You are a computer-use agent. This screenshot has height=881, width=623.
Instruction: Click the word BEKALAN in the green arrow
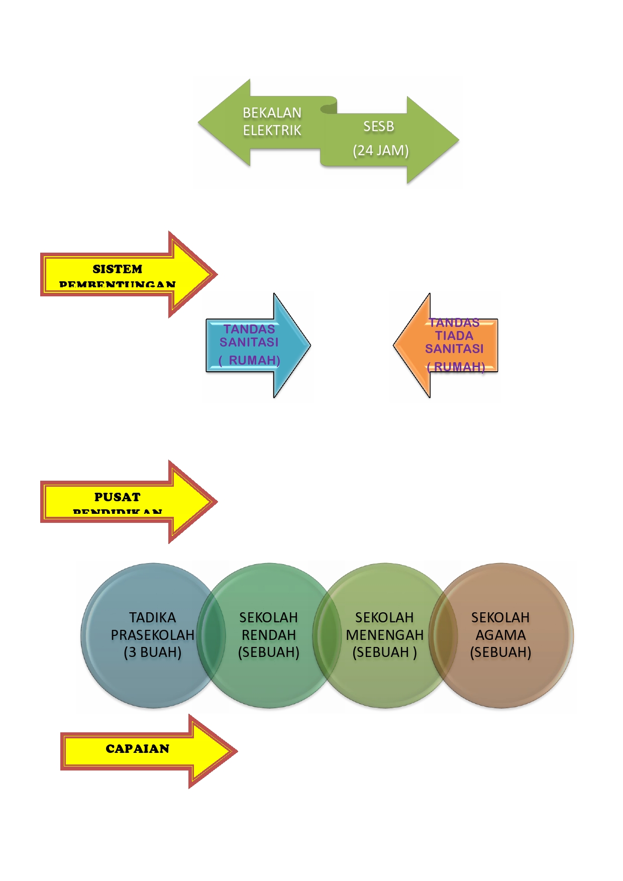pos(272,113)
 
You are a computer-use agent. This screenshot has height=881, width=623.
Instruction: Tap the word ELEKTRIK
pos(272,131)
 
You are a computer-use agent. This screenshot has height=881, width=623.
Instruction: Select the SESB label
pos(378,127)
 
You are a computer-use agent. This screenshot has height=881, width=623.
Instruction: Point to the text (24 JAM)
pos(380,150)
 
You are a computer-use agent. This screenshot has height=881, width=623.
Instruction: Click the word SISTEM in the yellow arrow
pos(117,269)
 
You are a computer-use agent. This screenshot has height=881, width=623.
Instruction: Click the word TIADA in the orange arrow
pos(454,336)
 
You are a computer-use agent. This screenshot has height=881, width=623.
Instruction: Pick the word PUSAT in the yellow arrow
pos(117,497)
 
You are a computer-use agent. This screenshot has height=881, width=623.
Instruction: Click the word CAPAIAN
pos(137,749)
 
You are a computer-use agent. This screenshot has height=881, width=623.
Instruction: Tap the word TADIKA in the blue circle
pos(152,617)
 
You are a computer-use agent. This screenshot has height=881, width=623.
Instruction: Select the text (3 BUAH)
pos(152,652)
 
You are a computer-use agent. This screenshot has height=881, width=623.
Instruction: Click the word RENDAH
pos(268,635)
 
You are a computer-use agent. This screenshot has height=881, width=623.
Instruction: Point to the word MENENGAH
pos(384,635)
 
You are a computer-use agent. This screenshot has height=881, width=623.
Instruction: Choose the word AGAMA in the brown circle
pos(500,635)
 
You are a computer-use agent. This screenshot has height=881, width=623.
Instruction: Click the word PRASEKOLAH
pos(152,635)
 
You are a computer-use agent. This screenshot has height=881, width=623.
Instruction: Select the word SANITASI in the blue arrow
pos(249,342)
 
